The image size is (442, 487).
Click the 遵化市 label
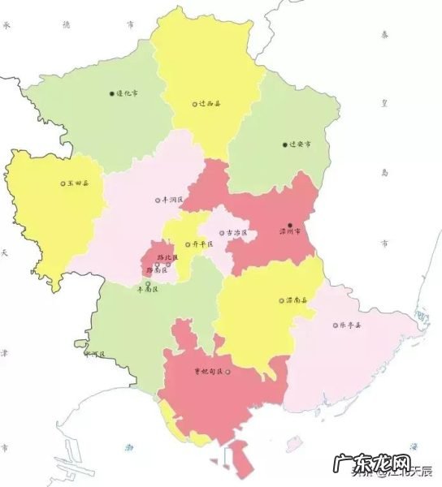(x=128, y=93)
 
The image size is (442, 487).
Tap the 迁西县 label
(x=210, y=104)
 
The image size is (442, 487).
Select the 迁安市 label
(x=300, y=145)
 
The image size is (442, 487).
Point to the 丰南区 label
(x=147, y=289)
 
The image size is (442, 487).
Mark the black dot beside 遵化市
(x=112, y=93)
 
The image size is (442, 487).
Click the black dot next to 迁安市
(x=284, y=145)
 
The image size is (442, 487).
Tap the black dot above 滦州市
(x=290, y=223)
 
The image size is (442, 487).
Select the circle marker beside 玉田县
(x=63, y=183)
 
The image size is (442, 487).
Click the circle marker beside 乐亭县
(x=335, y=325)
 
